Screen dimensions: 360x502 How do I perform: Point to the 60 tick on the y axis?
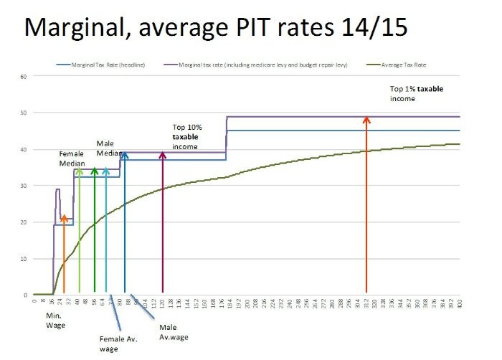[x=23, y=76]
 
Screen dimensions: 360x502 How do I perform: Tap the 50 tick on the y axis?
[x=23, y=113]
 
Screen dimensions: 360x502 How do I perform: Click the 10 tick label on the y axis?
[x=23, y=258]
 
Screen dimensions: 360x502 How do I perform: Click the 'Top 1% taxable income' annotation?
[x=413, y=94]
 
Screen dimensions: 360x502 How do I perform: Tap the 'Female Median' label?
[x=72, y=158]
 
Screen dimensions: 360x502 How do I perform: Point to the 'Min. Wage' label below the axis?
[x=55, y=321]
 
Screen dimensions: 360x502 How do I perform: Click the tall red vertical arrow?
[x=366, y=208]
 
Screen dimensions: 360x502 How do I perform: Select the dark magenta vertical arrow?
[x=162, y=222]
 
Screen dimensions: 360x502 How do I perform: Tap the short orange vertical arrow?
[x=64, y=255]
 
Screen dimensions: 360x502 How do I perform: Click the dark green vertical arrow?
[x=95, y=229]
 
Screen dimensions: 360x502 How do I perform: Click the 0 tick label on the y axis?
[x=24, y=295]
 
